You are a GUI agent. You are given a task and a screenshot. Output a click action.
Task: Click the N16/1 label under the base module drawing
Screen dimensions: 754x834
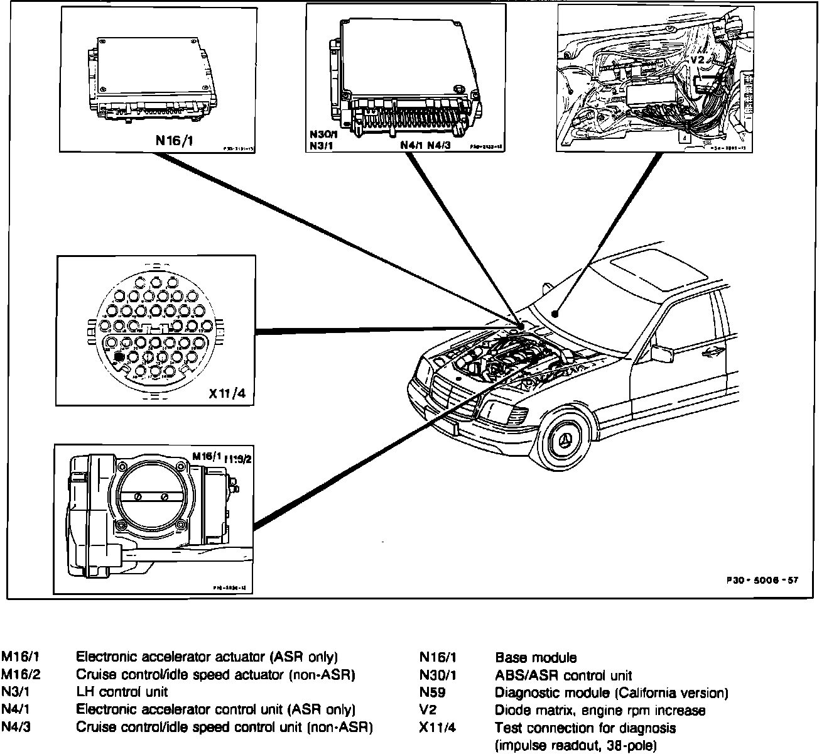click(174, 140)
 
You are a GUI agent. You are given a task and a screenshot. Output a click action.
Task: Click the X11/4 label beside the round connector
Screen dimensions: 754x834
click(227, 394)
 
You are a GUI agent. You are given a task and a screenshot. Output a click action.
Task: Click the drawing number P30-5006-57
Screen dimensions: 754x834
click(761, 580)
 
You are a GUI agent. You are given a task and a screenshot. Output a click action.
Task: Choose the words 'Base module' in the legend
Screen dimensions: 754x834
click(535, 658)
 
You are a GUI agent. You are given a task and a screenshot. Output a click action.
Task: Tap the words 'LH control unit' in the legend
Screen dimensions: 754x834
click(122, 692)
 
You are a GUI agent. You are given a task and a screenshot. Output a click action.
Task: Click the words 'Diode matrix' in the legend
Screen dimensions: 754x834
click(528, 711)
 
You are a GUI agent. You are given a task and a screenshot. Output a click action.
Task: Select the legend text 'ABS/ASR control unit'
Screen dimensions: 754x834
click(563, 676)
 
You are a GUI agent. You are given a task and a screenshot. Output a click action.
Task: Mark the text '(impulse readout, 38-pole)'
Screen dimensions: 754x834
click(576, 746)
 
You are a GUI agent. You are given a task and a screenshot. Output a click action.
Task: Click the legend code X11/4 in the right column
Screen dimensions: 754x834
click(438, 728)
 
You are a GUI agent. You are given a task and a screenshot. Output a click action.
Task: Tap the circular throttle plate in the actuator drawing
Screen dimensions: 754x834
click(151, 496)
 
